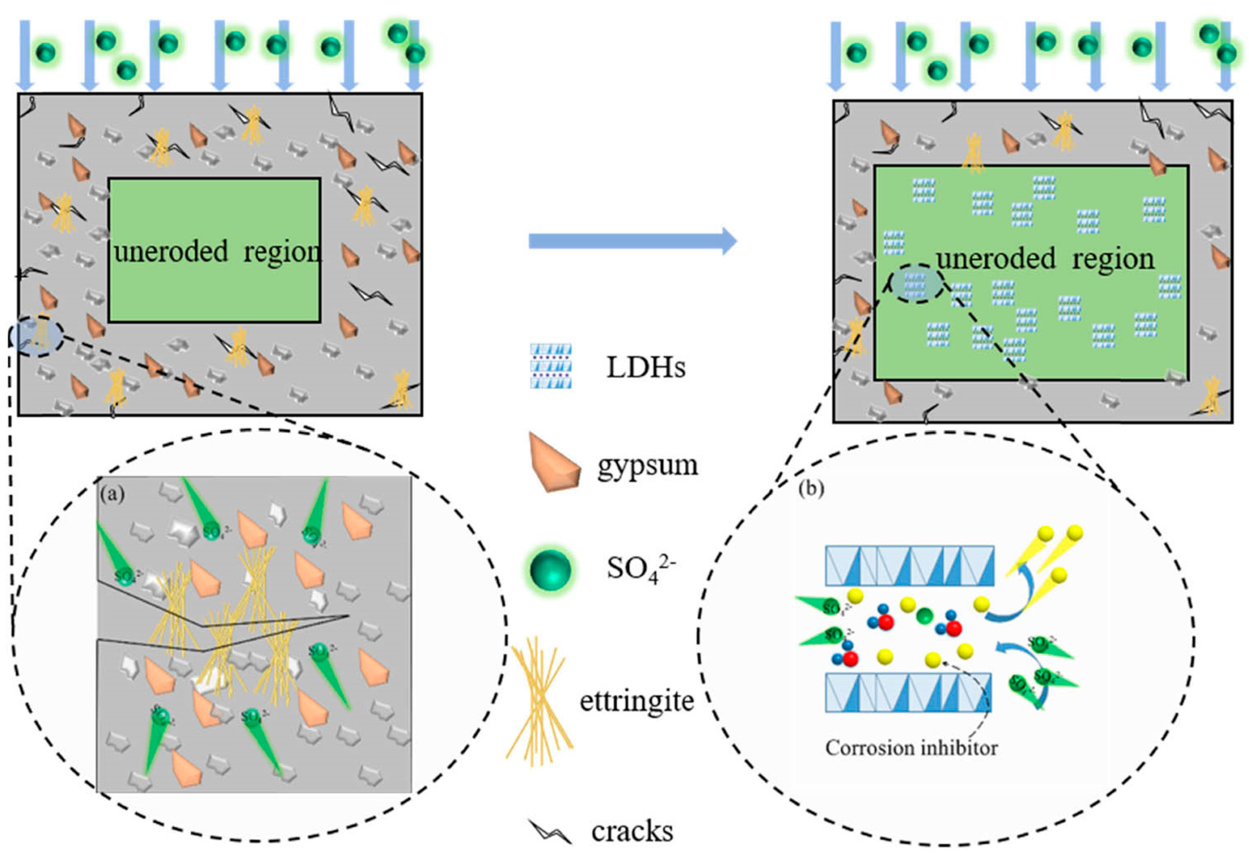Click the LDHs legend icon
(x=551, y=366)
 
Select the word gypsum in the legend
(x=647, y=465)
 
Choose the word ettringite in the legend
(x=636, y=701)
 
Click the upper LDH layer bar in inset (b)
(x=910, y=566)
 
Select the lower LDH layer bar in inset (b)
(x=908, y=692)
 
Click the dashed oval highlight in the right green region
(x=916, y=283)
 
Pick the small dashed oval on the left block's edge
(x=37, y=336)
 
